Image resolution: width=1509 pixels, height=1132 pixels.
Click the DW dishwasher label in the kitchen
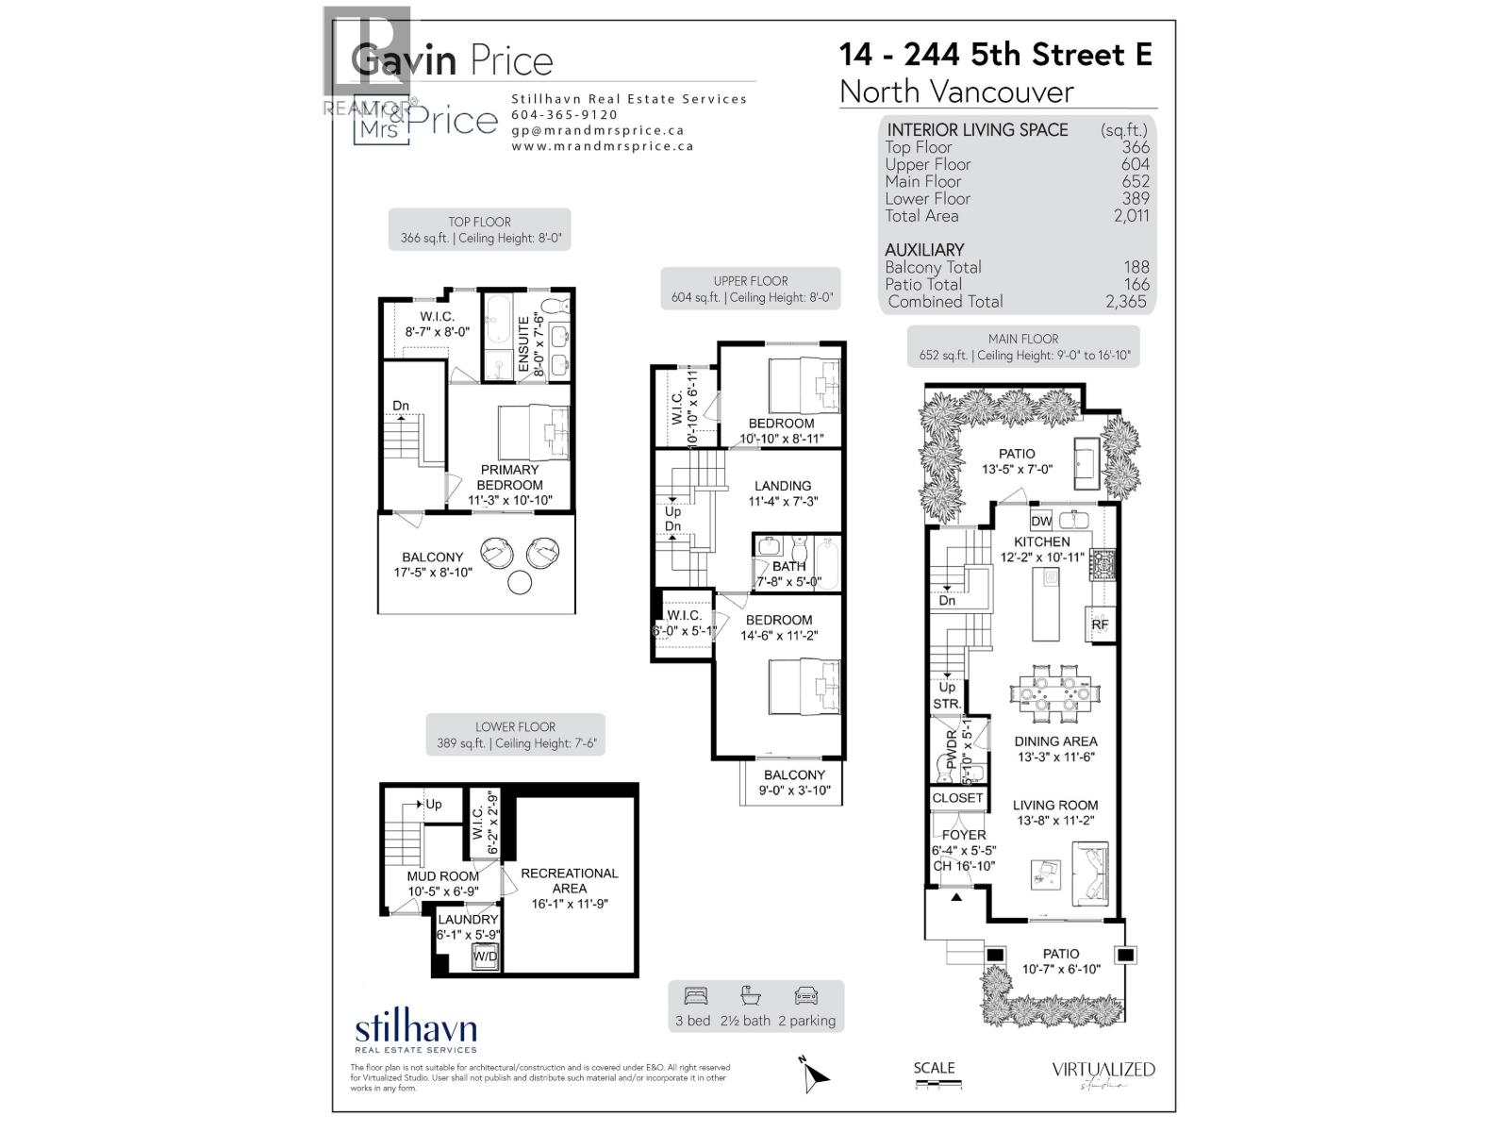tap(1041, 521)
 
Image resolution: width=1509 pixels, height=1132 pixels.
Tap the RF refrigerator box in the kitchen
tap(1100, 624)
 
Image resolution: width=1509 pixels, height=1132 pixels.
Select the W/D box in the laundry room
tap(486, 957)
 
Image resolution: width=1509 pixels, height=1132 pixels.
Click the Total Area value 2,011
tap(1131, 216)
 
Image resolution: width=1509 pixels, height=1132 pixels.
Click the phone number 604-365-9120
tap(565, 115)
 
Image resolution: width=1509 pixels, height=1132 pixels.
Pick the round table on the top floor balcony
tap(520, 583)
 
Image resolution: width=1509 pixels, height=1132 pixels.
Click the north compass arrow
tap(816, 1075)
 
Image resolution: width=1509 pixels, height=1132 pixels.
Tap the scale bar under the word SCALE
tap(938, 1085)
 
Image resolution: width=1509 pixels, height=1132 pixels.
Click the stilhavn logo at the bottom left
tap(415, 1032)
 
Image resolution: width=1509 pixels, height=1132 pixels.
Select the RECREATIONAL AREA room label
tap(570, 881)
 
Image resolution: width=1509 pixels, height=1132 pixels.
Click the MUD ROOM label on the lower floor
tap(442, 876)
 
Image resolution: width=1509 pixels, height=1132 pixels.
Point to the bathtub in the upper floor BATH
tap(827, 562)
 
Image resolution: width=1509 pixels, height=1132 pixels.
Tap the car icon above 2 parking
tap(805, 996)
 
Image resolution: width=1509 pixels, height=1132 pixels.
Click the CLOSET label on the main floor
tap(957, 798)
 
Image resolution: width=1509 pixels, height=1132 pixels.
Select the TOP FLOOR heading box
tap(479, 229)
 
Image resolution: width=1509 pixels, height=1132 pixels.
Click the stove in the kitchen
tap(1102, 565)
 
